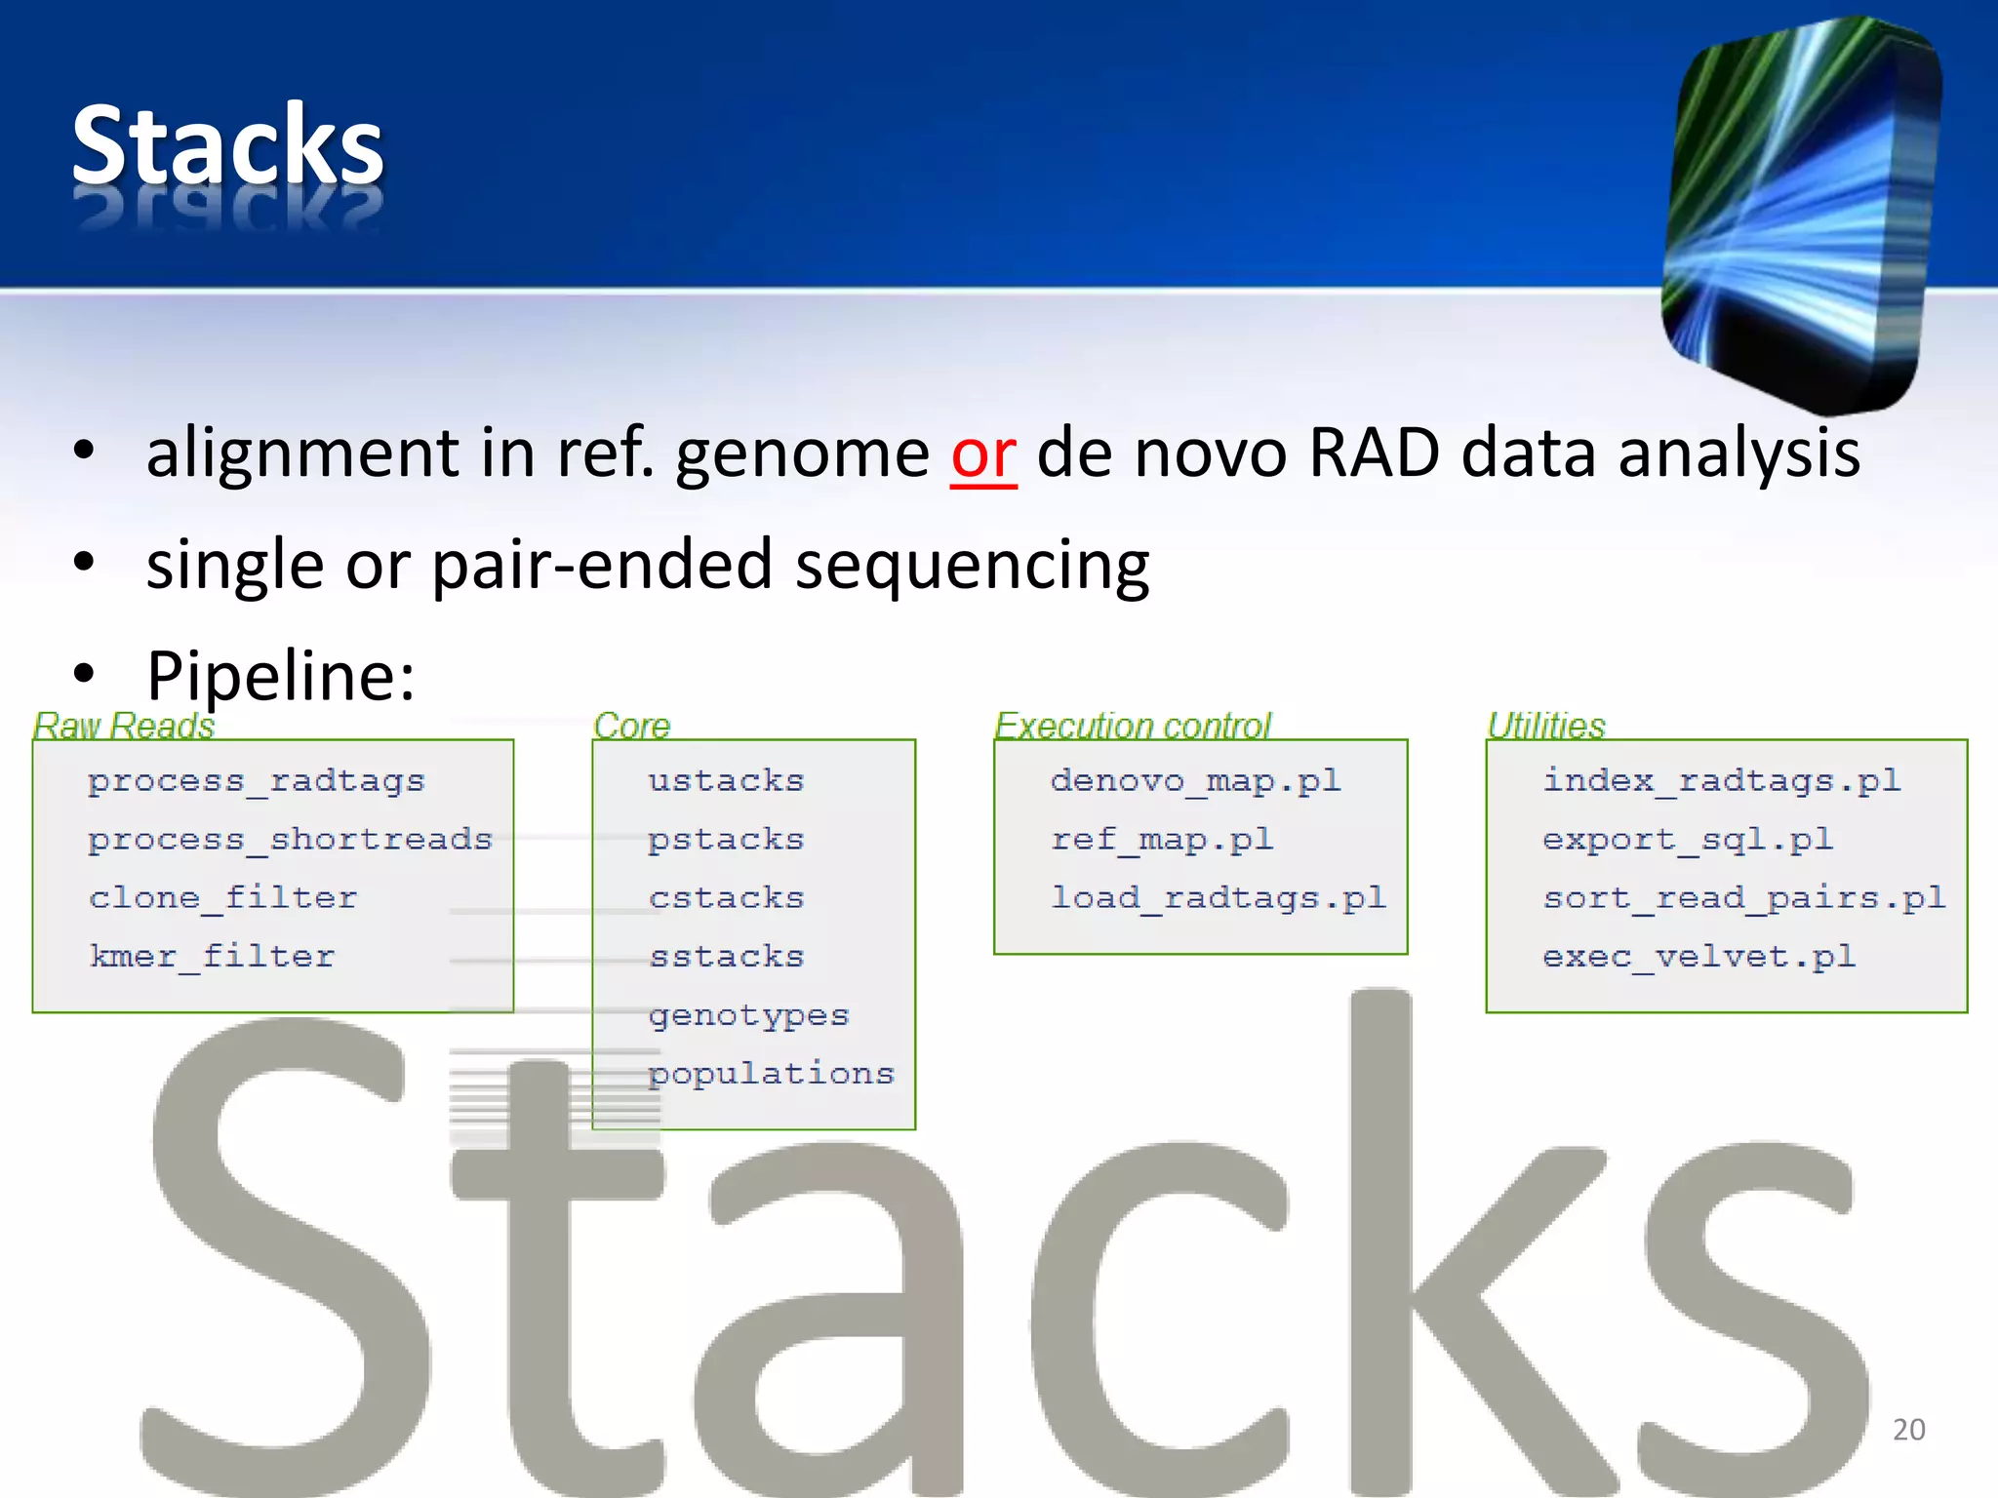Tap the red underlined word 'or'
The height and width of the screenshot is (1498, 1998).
pyautogui.click(x=983, y=454)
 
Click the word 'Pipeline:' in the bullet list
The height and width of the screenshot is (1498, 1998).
pyautogui.click(x=281, y=675)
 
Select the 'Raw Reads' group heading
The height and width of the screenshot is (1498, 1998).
pyautogui.click(x=124, y=726)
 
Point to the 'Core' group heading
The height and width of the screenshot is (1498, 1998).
pyautogui.click(x=632, y=726)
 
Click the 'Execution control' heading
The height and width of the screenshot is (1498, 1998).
pyautogui.click(x=1133, y=726)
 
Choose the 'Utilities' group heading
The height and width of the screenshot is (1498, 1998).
pyautogui.click(x=1546, y=726)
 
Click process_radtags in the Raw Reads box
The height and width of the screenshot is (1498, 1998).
pyautogui.click(x=257, y=781)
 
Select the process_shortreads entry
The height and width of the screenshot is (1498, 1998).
pyautogui.click(x=290, y=840)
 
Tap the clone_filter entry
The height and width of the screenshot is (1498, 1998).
pyautogui.click(x=223, y=898)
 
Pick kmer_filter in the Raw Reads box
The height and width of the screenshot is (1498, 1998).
pyautogui.click(x=212, y=957)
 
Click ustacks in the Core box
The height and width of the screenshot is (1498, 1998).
pyautogui.click(x=727, y=781)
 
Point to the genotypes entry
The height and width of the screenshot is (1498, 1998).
pyautogui.click(x=749, y=1016)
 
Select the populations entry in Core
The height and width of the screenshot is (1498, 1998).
pyautogui.click(x=772, y=1074)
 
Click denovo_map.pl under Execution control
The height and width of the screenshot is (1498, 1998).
pyautogui.click(x=1196, y=781)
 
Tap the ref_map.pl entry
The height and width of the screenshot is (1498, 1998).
pyautogui.click(x=1162, y=840)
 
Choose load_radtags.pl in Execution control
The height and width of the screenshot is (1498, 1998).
pyautogui.click(x=1219, y=898)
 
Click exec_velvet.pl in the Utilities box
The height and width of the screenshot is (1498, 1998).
pyautogui.click(x=1699, y=957)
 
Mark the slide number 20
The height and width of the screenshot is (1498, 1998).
pyautogui.click(x=1909, y=1430)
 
